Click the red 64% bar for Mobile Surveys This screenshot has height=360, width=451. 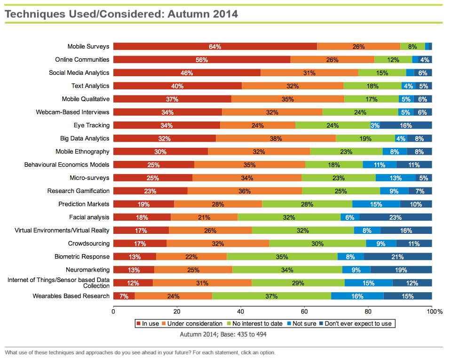click(x=215, y=47)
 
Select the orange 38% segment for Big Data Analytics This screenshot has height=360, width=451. click(x=276, y=138)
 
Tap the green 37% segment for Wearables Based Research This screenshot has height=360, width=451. click(x=271, y=296)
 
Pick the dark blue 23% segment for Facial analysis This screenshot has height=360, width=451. click(x=396, y=217)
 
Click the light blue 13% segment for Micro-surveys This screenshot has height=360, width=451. click(x=396, y=178)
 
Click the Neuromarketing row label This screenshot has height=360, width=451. click(x=87, y=270)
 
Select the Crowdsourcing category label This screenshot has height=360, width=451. click(x=89, y=243)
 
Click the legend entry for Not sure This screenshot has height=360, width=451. click(x=301, y=324)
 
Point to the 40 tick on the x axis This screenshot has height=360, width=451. click(x=241, y=311)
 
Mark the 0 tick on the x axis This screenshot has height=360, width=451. click(x=113, y=311)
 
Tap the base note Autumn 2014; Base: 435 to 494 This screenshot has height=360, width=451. click(x=223, y=334)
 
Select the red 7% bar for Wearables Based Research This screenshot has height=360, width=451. click(x=124, y=296)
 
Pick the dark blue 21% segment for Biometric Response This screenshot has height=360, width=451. click(x=397, y=256)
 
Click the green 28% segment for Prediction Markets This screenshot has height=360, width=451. click(x=307, y=204)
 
